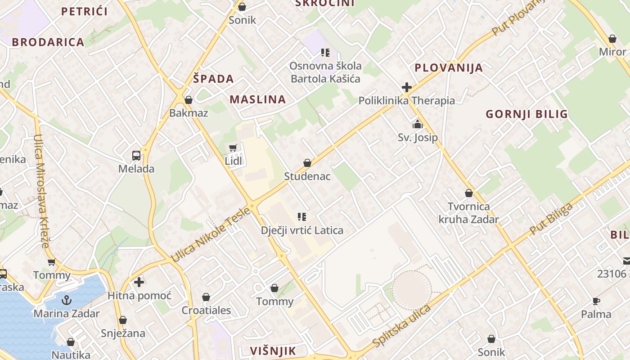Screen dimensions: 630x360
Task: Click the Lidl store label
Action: [x=234, y=161]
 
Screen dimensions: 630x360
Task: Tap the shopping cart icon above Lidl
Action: [x=233, y=148]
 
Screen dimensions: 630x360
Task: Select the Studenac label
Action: [x=307, y=176]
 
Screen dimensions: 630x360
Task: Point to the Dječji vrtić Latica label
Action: [x=302, y=230]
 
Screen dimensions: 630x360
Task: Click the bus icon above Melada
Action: [x=136, y=156]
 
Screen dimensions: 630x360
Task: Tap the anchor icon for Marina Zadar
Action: [x=67, y=300]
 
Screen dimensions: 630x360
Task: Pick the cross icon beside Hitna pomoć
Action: [x=139, y=282]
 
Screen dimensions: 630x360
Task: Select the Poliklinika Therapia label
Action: [x=406, y=101]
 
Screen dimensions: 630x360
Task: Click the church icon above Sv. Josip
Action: [x=418, y=124]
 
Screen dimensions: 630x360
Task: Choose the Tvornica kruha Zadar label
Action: [x=468, y=213]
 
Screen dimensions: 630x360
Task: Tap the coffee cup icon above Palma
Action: [x=596, y=301]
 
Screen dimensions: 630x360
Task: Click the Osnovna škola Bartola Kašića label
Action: [x=325, y=72]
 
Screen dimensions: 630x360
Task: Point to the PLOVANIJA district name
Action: [x=448, y=68]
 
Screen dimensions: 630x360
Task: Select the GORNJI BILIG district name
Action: [x=526, y=114]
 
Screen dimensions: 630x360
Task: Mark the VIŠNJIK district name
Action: [x=273, y=351]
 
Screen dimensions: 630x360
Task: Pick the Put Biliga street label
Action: [x=551, y=219]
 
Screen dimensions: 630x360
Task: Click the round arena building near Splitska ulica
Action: [x=411, y=290]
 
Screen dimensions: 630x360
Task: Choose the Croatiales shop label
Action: [x=206, y=310]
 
